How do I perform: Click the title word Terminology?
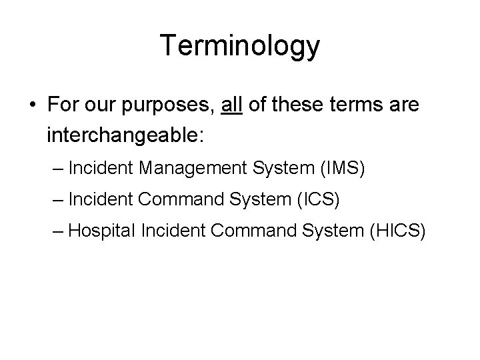240,47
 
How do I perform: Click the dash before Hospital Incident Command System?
58,231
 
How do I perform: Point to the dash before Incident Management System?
58,168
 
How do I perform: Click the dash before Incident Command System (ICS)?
58,199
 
